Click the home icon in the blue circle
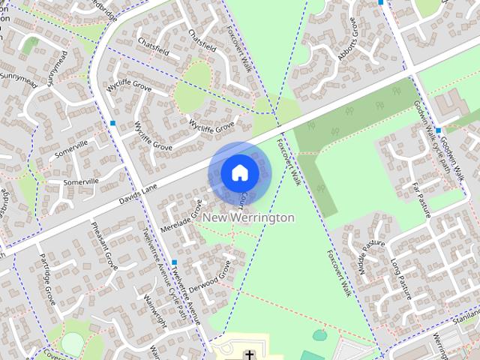(x=239, y=172)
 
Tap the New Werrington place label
(x=249, y=217)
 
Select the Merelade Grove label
(x=181, y=217)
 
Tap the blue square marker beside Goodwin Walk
(x=438, y=130)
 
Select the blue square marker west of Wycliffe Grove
(x=112, y=122)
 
